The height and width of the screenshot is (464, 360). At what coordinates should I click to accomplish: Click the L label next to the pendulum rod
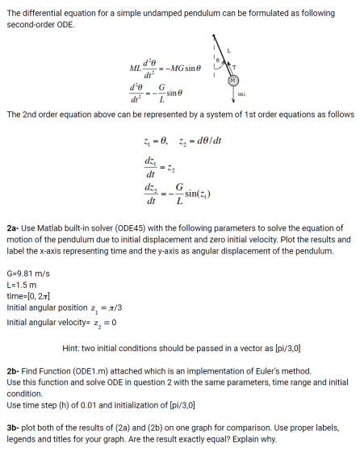tap(228, 49)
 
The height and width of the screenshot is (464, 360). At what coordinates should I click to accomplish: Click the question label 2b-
tap(14, 370)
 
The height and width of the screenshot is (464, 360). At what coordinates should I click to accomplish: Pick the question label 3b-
tap(14, 422)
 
